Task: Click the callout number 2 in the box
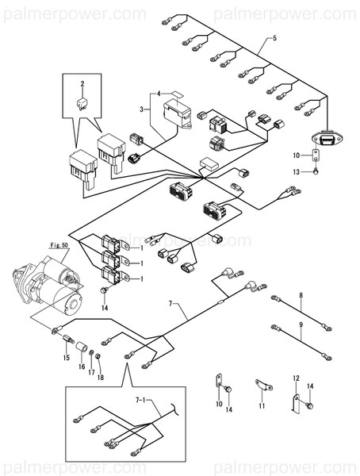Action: point(81,83)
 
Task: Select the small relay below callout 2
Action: point(81,102)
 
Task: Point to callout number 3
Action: point(143,109)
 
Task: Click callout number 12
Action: point(296,378)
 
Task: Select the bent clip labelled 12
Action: point(293,401)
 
